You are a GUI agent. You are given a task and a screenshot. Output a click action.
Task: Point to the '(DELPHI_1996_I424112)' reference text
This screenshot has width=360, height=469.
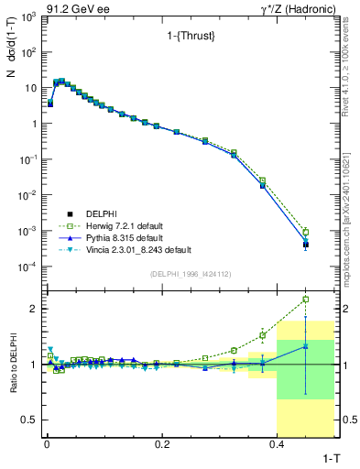pos(190,274)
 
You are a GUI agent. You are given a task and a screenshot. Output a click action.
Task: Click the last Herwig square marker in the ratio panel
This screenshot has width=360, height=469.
pos(305,299)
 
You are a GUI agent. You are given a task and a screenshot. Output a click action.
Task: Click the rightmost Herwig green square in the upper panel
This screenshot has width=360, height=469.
pos(305,232)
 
